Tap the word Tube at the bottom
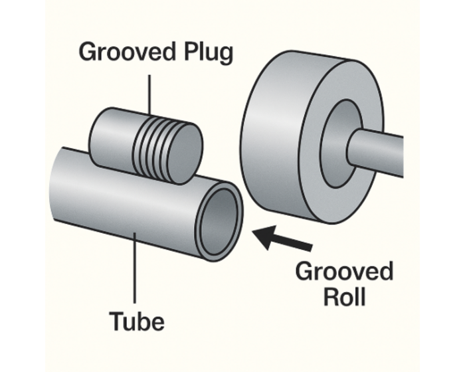click(x=137, y=322)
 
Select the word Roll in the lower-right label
click(x=344, y=296)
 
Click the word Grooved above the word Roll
click(x=344, y=272)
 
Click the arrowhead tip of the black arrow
click(x=256, y=233)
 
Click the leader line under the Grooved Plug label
click(x=150, y=93)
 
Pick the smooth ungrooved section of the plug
click(x=110, y=136)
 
